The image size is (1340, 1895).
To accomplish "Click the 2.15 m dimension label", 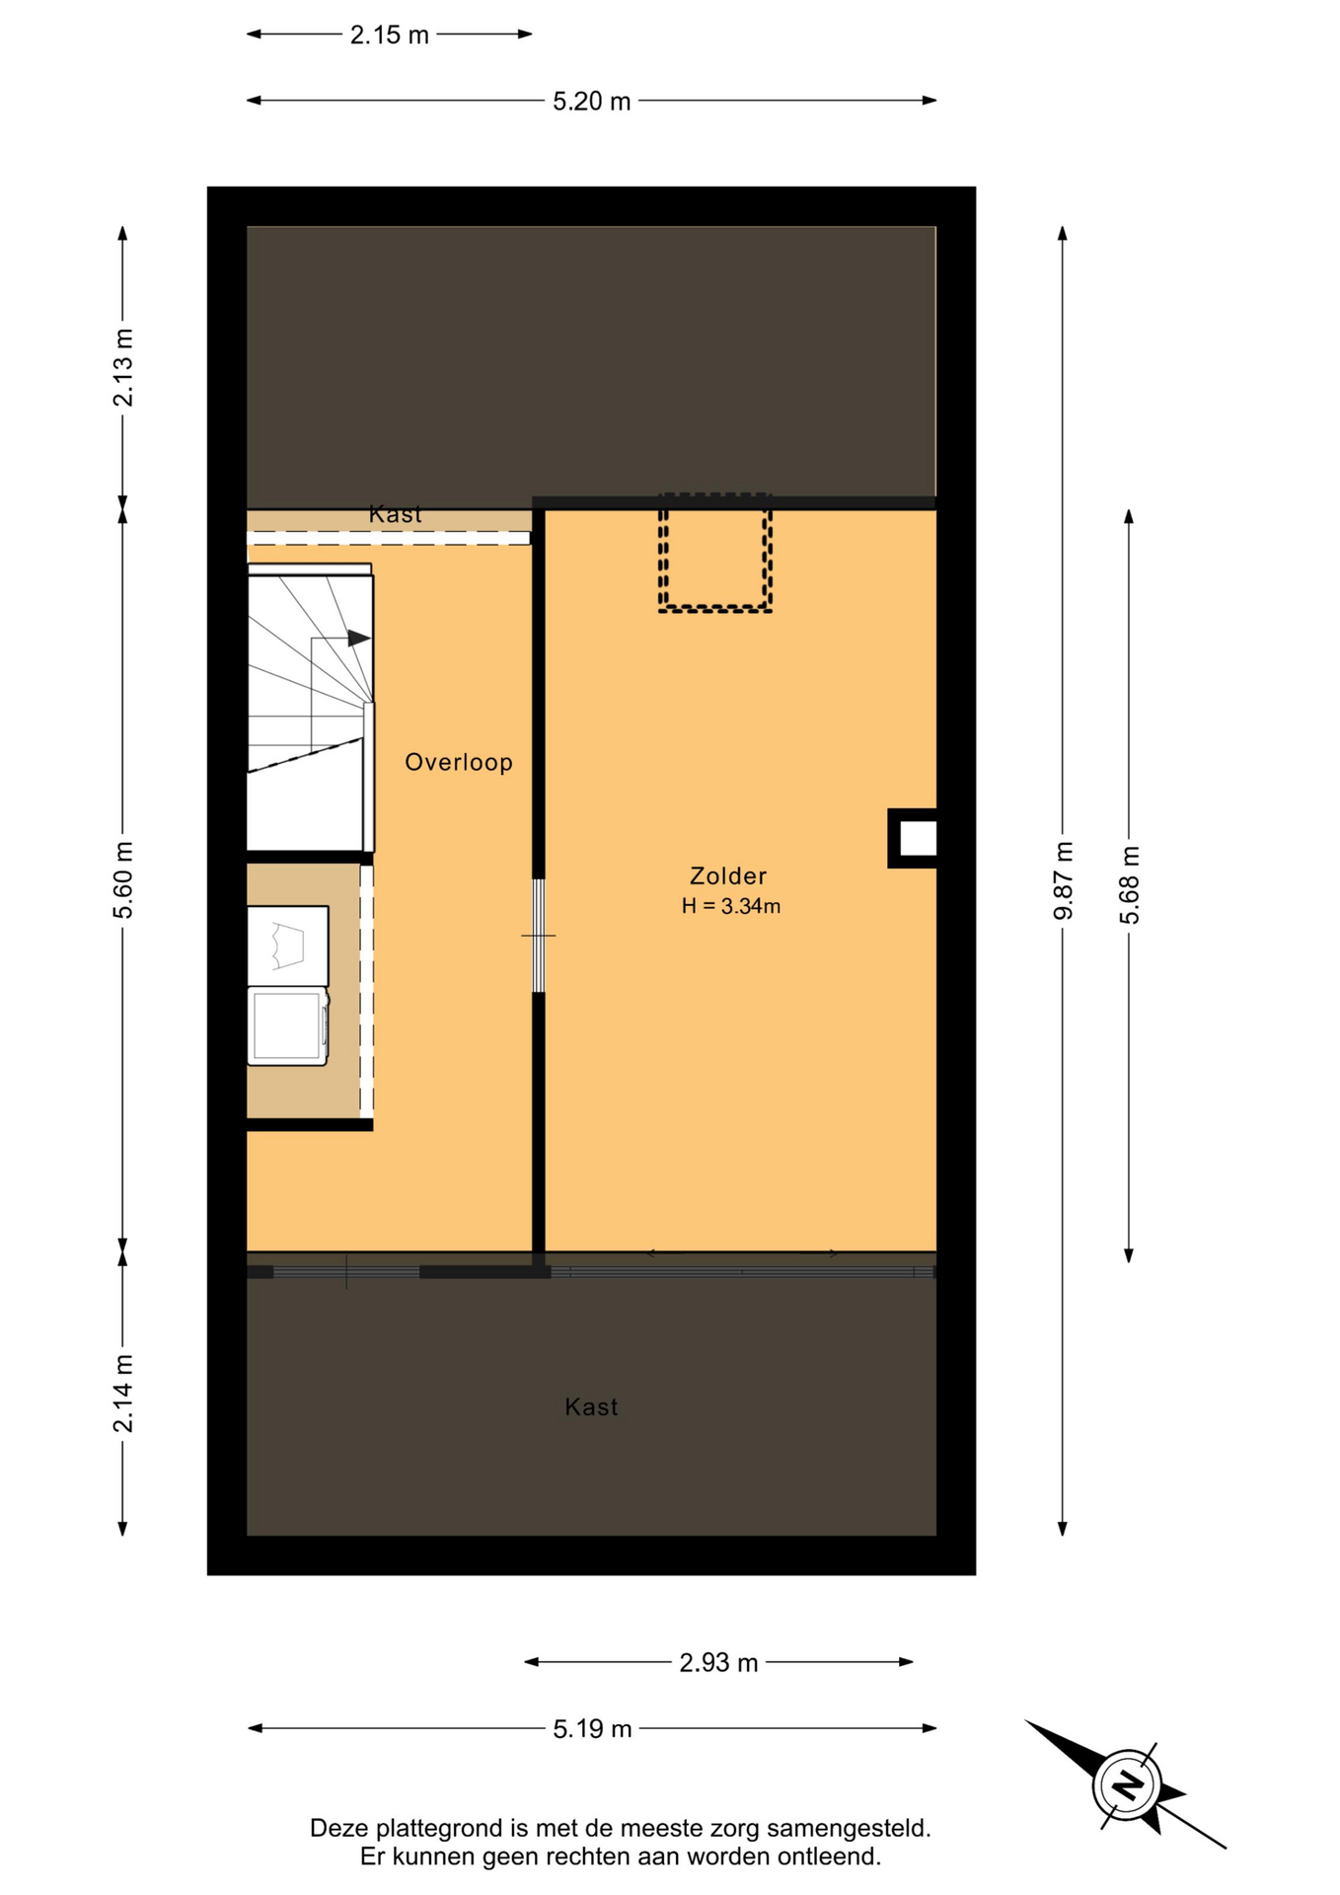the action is (x=389, y=36).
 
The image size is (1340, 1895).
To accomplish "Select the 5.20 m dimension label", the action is (x=591, y=102).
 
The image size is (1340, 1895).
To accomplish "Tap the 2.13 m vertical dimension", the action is (x=123, y=367).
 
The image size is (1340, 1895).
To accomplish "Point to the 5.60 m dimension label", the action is (x=123, y=880).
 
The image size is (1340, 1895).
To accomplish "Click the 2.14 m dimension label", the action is (x=123, y=1394).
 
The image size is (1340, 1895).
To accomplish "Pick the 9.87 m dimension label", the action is (x=1063, y=880).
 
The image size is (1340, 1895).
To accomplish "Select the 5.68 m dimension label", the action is (x=1129, y=885).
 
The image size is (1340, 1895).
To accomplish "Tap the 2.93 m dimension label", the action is (x=718, y=1663).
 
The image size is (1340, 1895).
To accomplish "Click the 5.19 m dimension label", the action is (x=592, y=1729).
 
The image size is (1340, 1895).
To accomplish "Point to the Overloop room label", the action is (x=459, y=762).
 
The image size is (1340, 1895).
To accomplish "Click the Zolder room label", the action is (x=728, y=875).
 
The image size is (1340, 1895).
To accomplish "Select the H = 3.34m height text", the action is (x=731, y=906).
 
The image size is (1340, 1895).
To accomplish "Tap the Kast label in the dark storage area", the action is (x=591, y=1406).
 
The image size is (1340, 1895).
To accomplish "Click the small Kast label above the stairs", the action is (x=395, y=513).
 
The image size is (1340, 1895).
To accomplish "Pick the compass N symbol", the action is (x=1126, y=1785).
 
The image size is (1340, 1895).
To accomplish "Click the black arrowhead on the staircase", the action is (x=359, y=639).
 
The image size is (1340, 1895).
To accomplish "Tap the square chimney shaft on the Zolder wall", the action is (x=914, y=838).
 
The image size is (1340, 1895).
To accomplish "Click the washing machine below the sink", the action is (x=287, y=1025).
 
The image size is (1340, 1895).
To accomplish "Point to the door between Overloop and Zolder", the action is (x=539, y=936).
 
